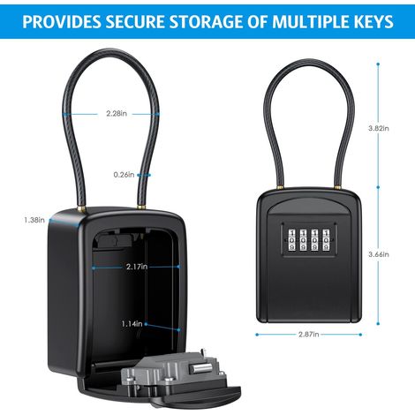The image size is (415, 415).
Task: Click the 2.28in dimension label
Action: (x=117, y=113)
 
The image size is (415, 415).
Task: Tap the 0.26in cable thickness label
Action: (x=124, y=175)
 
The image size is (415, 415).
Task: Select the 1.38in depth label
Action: (x=34, y=220)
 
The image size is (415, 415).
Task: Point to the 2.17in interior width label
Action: (x=137, y=267)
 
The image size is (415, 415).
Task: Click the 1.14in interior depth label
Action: (x=132, y=324)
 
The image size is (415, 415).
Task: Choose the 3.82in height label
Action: (x=379, y=128)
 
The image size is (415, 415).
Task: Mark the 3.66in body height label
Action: (x=379, y=254)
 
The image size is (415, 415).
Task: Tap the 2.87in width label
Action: (x=309, y=335)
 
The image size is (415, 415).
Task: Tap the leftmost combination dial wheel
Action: (x=291, y=240)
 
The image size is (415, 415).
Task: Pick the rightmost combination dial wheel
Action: (x=326, y=240)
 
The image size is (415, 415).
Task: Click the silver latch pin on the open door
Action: (x=200, y=367)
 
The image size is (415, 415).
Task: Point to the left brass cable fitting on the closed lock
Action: (x=280, y=186)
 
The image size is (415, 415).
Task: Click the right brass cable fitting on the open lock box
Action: (x=141, y=207)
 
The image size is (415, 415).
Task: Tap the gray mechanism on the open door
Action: (x=172, y=373)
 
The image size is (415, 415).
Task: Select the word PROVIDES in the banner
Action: (x=61, y=21)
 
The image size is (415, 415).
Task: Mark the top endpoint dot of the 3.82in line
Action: (x=378, y=64)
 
